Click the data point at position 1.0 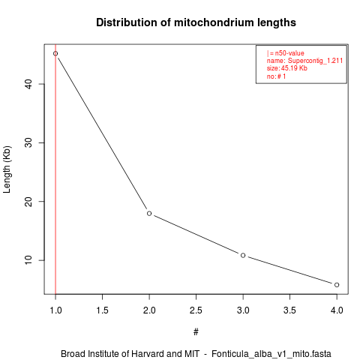[x=55, y=53]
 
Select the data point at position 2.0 [x=149, y=213]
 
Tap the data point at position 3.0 [x=243, y=255]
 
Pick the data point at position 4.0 [x=337, y=285]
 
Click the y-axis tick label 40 [x=29, y=84]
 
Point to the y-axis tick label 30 [x=29, y=142]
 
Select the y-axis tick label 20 [x=29, y=202]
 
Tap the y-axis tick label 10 [x=29, y=260]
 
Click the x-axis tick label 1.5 [x=102, y=310]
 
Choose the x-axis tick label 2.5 [x=196, y=310]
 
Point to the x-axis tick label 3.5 [x=289, y=310]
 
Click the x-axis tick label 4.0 [x=337, y=310]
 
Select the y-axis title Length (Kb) [x=7, y=169]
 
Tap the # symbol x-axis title [x=196, y=332]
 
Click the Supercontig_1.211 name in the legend [x=315, y=61]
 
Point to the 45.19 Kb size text [x=294, y=68]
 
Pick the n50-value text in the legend [x=289, y=53]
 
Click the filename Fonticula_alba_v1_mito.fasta [x=271, y=354]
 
